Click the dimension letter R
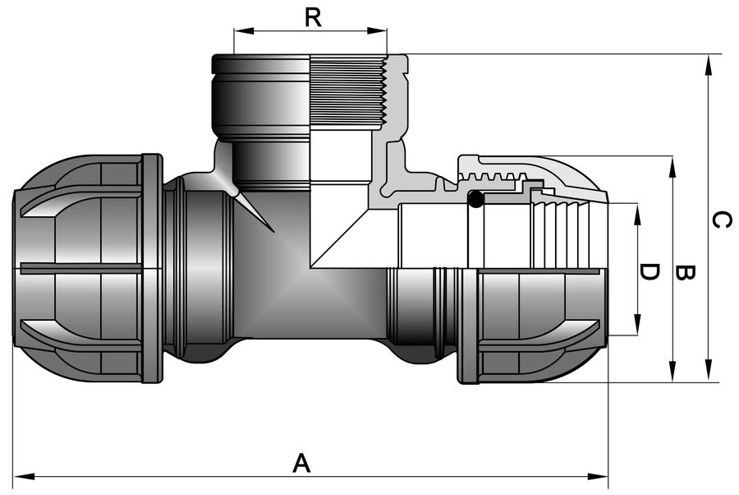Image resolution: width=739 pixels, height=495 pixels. (313, 18)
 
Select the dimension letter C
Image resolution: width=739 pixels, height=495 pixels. (722, 220)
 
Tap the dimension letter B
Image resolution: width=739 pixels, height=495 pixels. (685, 273)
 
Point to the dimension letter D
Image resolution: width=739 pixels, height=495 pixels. (649, 272)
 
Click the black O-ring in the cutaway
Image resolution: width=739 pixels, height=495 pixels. (475, 199)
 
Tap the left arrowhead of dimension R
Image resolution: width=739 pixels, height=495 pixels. (244, 31)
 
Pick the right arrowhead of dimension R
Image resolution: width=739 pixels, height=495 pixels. (377, 31)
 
